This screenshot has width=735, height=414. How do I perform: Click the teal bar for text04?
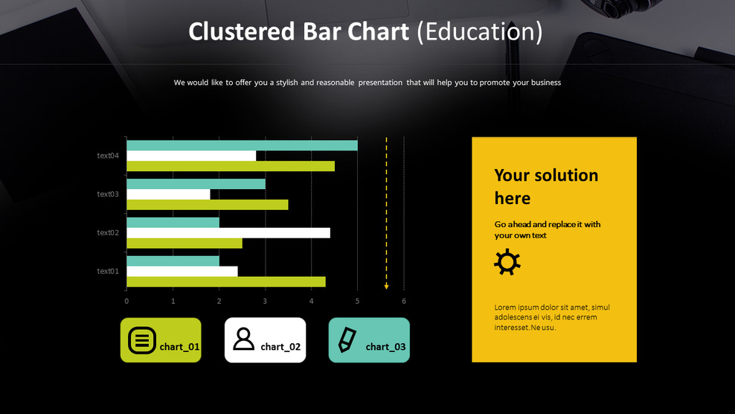(242, 145)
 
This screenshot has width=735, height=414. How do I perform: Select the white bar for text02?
(228, 232)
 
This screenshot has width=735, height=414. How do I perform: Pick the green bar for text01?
(225, 281)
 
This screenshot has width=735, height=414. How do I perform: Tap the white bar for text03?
(168, 194)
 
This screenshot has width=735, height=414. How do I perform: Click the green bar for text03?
(207, 205)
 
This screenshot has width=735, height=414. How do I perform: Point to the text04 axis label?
(108, 156)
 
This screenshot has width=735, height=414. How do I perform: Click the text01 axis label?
(108, 271)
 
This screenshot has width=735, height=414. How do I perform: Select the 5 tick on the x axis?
(357, 301)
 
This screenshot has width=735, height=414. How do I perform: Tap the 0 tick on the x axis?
(126, 301)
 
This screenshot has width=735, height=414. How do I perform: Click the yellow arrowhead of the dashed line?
(386, 285)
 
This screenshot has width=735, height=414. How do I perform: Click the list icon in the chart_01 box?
(142, 340)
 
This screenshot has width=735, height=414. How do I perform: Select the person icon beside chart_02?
(243, 339)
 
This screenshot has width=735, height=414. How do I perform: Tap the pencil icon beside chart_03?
(347, 340)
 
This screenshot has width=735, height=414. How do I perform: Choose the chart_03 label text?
(385, 347)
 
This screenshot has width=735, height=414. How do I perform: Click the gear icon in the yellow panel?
(507, 262)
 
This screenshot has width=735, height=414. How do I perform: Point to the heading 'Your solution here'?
(546, 186)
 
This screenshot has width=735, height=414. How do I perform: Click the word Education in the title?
(480, 32)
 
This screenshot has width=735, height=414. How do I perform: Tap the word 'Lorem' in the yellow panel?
(506, 308)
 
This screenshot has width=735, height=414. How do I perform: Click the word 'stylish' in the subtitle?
(287, 83)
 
